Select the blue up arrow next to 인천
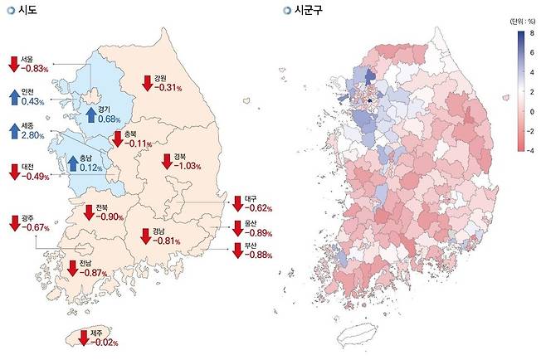click(13, 98)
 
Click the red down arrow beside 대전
click(13, 172)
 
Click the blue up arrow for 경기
click(90, 114)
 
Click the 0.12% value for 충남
click(92, 168)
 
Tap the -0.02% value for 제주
click(105, 341)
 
